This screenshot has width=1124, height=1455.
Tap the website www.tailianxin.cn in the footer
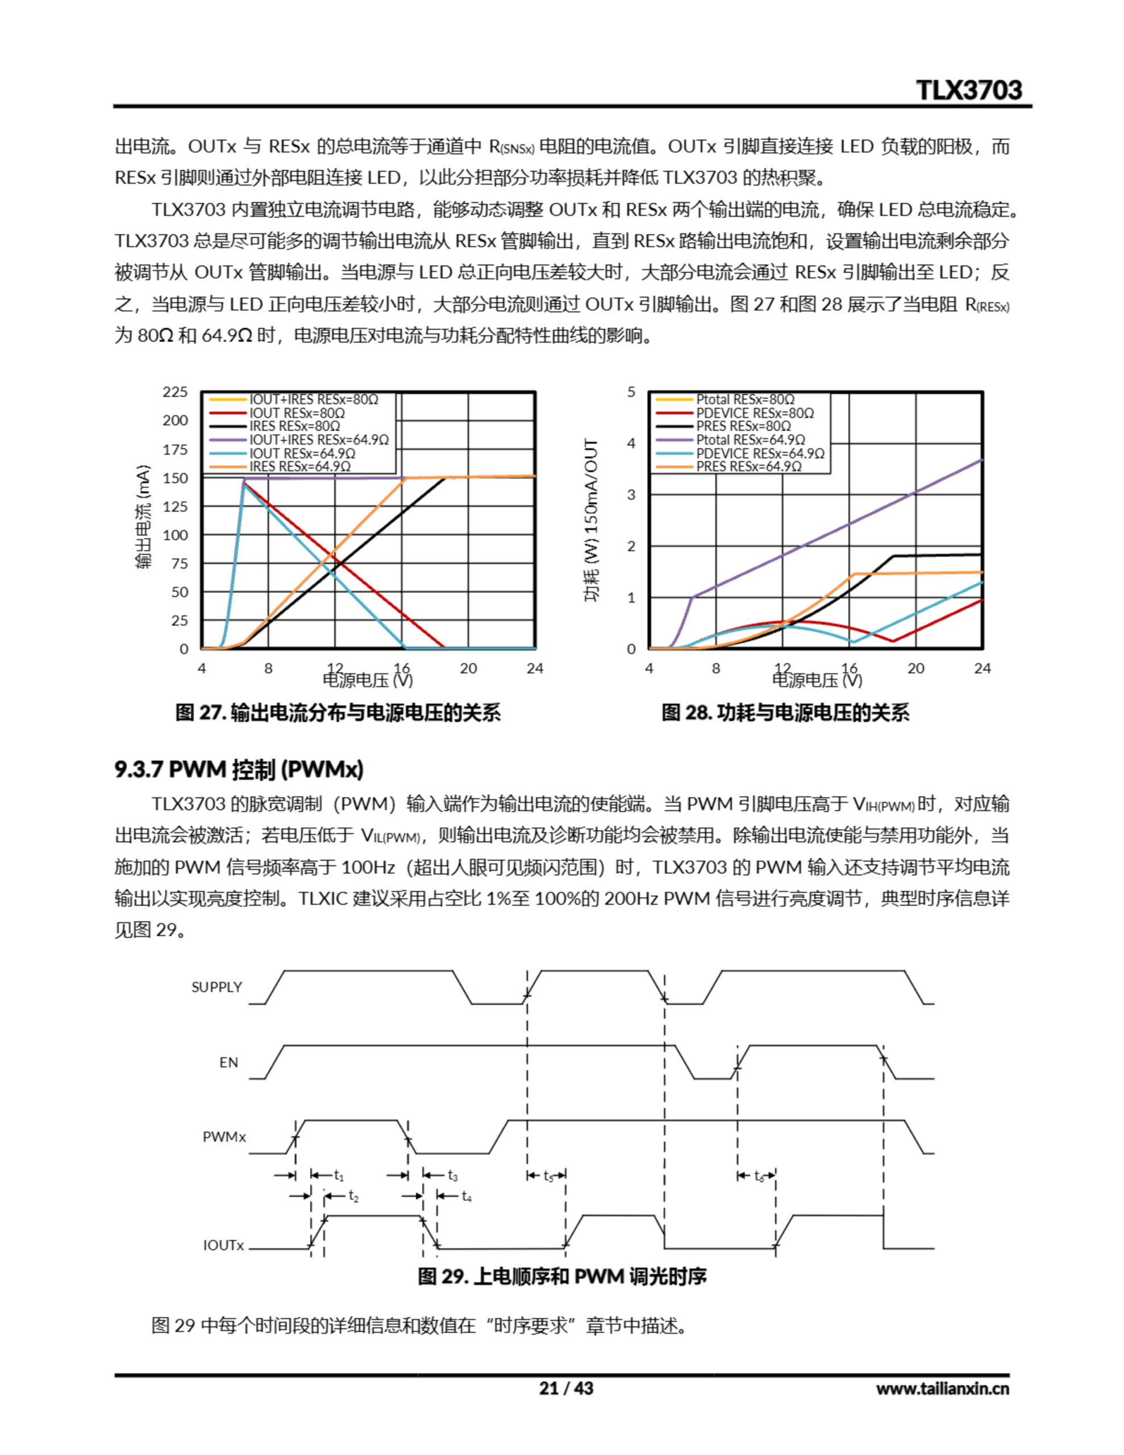942,1389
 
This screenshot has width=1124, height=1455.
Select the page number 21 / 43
565,1389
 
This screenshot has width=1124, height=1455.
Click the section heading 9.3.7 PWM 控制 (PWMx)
239,770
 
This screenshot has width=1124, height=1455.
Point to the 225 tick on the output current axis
175,392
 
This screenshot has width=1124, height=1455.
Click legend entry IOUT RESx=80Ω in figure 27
297,413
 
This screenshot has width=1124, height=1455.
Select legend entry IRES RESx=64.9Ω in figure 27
300,467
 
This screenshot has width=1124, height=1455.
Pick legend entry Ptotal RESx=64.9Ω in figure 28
750,440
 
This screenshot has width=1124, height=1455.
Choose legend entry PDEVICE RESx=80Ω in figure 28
755,413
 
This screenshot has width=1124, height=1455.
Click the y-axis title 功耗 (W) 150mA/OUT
591,520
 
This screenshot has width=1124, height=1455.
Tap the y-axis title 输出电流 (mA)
143,516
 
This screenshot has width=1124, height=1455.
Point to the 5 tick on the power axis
631,392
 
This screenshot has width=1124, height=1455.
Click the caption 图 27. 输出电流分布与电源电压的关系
338,713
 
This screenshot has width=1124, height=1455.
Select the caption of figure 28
785,713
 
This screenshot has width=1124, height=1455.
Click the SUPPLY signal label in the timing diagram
217,987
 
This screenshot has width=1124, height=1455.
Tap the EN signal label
228,1063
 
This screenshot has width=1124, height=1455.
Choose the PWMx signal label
224,1137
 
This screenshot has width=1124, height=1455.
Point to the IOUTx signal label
223,1245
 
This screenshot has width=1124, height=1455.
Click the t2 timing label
353,1196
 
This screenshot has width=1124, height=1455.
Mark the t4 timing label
467,1196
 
